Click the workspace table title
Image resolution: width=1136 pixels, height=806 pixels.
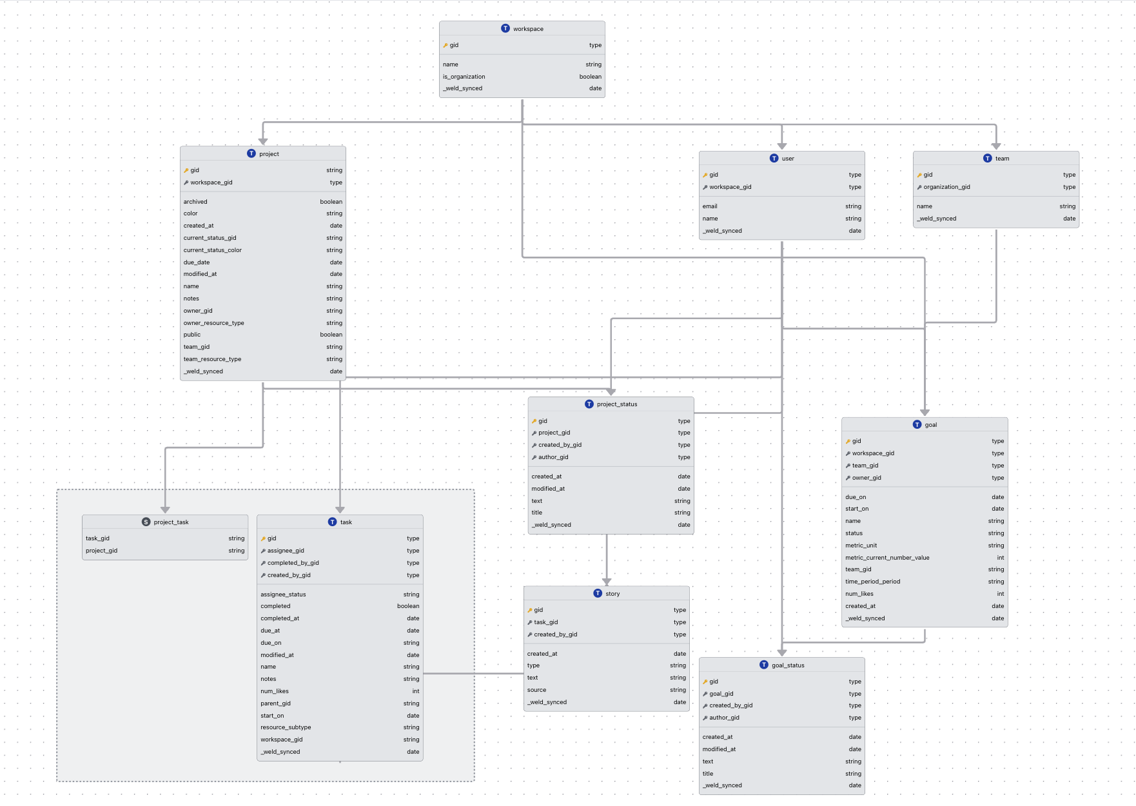point(528,29)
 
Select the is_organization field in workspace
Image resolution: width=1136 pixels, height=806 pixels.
point(464,77)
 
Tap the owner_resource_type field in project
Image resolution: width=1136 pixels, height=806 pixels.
point(213,323)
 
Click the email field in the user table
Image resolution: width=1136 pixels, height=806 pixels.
point(710,206)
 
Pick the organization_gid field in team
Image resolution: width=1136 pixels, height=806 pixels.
point(946,187)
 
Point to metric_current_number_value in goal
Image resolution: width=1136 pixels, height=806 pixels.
point(887,558)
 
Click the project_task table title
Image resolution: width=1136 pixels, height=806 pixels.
point(171,522)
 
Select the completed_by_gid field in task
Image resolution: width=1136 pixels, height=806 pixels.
point(293,563)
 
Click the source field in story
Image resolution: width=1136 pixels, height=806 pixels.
point(536,690)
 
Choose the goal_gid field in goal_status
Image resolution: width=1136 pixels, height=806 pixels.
point(721,694)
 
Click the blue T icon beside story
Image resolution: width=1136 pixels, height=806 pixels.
point(598,593)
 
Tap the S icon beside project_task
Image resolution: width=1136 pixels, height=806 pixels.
point(146,522)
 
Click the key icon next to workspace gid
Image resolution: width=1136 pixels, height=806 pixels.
point(446,45)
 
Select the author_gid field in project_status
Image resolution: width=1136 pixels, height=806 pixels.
point(553,457)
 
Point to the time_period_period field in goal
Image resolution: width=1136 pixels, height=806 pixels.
point(872,582)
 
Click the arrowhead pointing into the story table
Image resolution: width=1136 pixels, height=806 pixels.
point(607,582)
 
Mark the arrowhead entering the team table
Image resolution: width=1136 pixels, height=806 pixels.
point(996,146)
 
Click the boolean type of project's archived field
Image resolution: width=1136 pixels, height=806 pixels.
point(331,202)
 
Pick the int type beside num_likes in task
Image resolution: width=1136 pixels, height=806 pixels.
point(416,691)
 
